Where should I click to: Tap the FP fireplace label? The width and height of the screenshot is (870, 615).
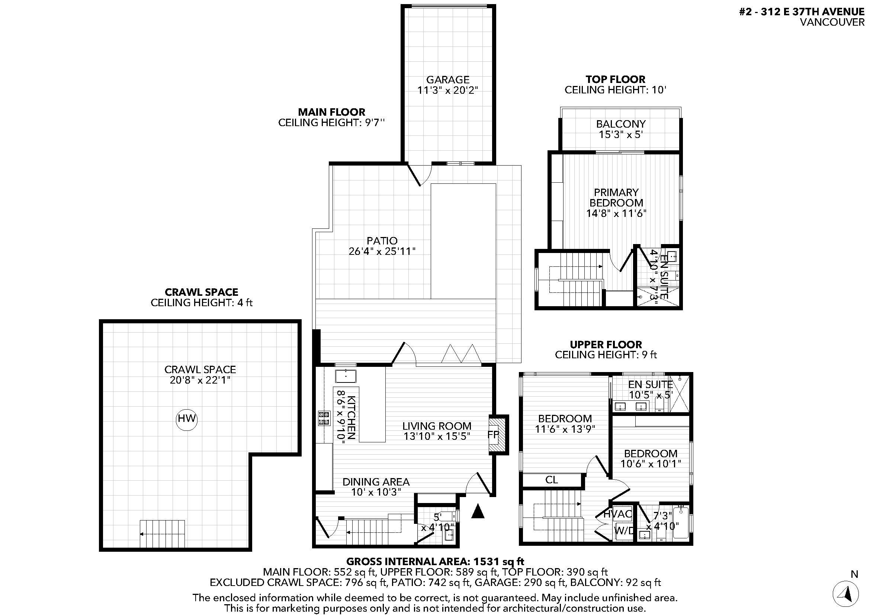tap(493, 435)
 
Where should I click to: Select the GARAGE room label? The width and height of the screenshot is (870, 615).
tap(447, 80)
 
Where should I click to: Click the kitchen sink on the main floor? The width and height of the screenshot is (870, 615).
tap(346, 376)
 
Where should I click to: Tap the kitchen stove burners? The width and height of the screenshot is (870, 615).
tap(324, 418)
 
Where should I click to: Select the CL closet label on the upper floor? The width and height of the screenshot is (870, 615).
tap(551, 480)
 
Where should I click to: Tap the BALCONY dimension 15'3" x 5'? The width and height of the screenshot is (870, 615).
tap(621, 135)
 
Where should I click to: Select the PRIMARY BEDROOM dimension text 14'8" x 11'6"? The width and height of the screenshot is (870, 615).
tap(616, 213)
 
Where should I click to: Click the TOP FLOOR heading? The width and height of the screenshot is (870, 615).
tap(615, 79)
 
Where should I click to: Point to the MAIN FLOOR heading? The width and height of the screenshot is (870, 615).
tap(331, 112)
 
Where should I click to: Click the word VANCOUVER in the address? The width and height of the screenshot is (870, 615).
tap(832, 22)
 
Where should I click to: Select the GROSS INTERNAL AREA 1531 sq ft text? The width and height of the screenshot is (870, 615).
tap(436, 561)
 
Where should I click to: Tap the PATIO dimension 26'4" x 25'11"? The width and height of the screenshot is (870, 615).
tap(382, 251)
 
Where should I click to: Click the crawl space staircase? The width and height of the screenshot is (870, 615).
tap(162, 534)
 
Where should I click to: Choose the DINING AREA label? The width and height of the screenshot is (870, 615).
tap(376, 482)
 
